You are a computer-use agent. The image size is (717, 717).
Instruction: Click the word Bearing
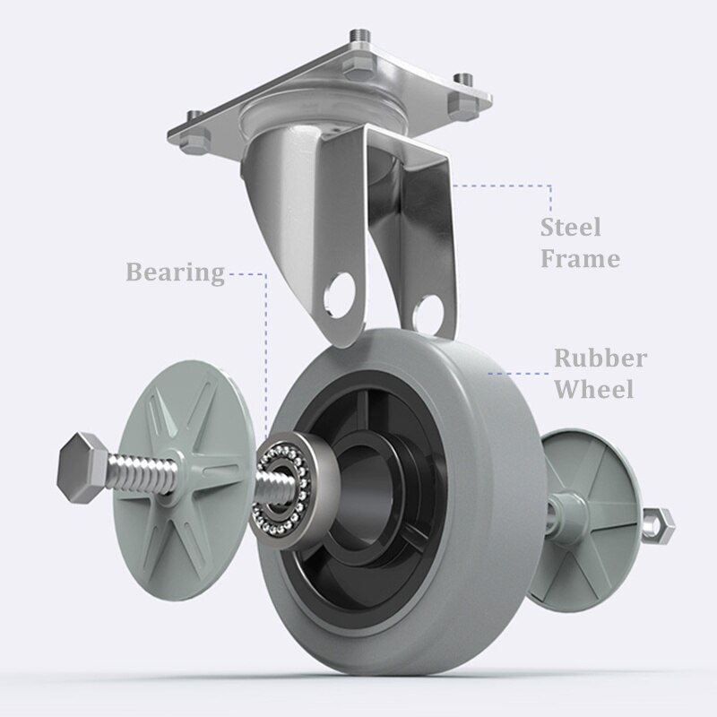175,272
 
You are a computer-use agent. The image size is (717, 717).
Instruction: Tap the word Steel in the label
570,228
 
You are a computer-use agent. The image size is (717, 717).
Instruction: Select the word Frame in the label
580,259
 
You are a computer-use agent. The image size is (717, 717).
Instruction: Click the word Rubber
600,358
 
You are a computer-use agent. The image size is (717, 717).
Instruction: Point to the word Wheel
594,389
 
